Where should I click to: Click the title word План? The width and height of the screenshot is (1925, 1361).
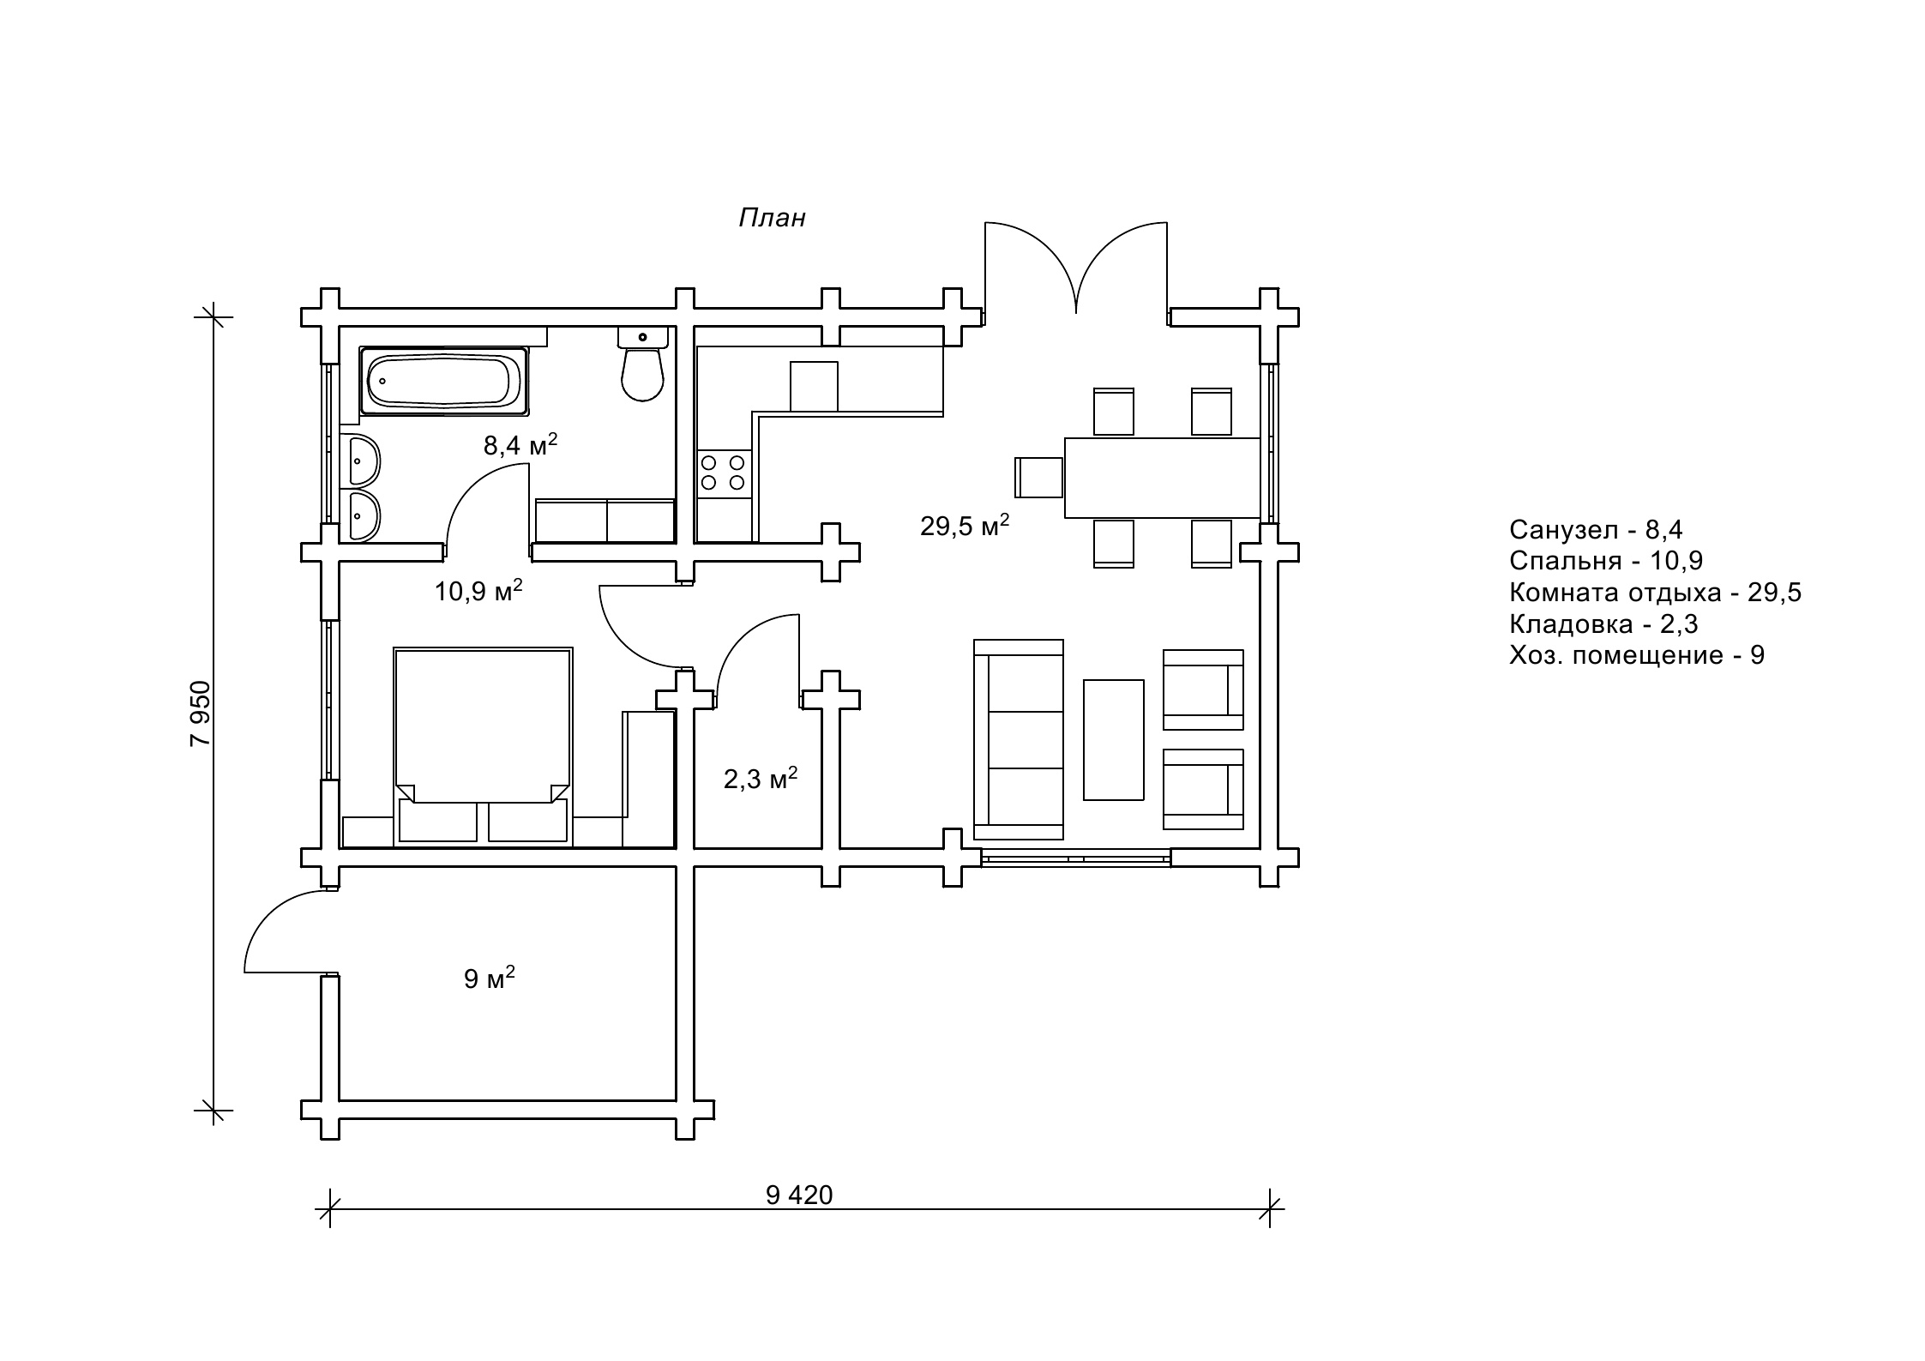coord(772,218)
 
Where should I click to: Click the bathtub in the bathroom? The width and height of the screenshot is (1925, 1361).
coord(444,381)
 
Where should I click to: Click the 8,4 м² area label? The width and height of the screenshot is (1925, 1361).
coord(520,444)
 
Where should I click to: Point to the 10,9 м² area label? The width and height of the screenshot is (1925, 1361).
coord(478,590)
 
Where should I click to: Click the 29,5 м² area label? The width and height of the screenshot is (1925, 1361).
coord(965,525)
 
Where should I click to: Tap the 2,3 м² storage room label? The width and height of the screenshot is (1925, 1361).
coord(761,778)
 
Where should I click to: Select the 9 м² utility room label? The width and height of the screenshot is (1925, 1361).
coord(490,978)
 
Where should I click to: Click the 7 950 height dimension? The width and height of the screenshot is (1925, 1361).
coord(200,714)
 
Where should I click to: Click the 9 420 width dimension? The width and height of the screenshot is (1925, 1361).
coord(799,1195)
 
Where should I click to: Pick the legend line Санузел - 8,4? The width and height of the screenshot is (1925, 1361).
coord(1596,530)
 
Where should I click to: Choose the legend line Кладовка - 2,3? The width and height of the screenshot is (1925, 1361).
coord(1603,623)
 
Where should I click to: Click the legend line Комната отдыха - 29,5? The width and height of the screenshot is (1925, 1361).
coord(1655,593)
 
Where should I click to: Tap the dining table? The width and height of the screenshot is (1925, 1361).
coord(1163,478)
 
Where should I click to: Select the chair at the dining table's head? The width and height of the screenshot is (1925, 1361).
coord(1039,478)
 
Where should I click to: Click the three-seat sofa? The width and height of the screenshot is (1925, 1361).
coord(1019,739)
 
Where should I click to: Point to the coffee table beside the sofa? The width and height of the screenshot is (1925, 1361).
coord(1114,740)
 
